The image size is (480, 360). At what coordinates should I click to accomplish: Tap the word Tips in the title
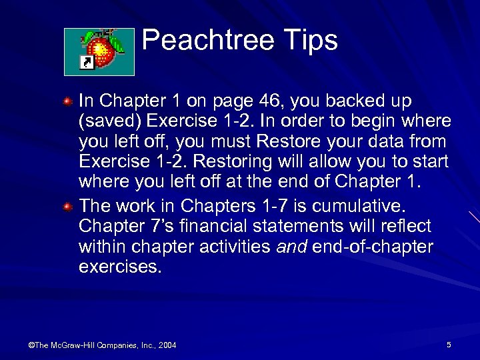click(313, 41)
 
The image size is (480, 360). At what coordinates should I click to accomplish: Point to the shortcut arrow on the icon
click(85, 63)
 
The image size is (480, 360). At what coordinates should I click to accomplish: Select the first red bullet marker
click(68, 101)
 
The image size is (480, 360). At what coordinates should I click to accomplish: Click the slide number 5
click(449, 344)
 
